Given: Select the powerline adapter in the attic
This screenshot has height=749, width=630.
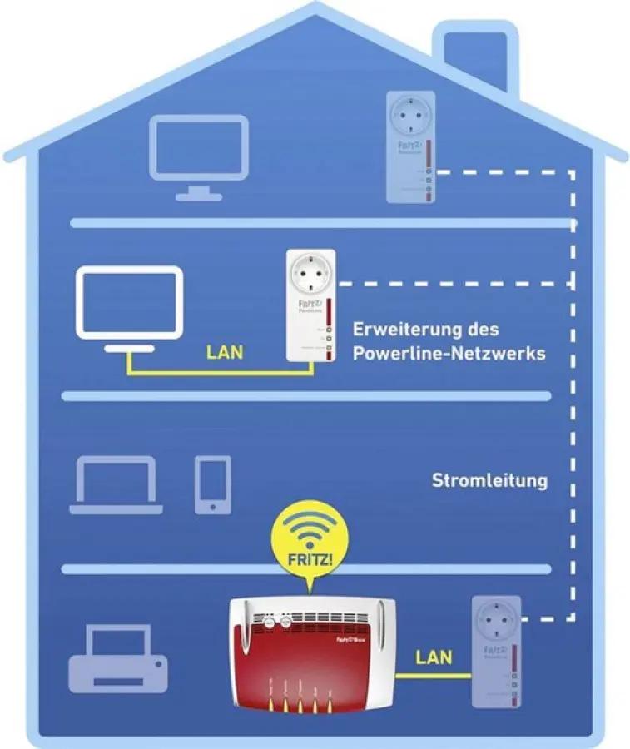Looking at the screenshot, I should [x=411, y=146].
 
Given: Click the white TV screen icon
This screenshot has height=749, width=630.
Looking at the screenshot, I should [x=129, y=302].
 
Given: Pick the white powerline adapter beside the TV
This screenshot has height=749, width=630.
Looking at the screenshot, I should [x=310, y=305].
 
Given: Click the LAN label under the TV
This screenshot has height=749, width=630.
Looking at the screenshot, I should [x=225, y=352].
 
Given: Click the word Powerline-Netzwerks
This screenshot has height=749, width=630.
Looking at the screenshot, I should [x=449, y=353].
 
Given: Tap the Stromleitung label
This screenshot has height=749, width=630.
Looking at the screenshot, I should [x=489, y=480].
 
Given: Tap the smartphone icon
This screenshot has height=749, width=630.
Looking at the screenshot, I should [x=212, y=484].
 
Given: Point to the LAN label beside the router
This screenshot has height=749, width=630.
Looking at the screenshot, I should [x=434, y=657].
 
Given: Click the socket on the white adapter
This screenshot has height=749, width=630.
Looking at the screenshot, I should [x=310, y=277].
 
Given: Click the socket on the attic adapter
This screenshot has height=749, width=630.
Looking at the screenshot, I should [x=411, y=117].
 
